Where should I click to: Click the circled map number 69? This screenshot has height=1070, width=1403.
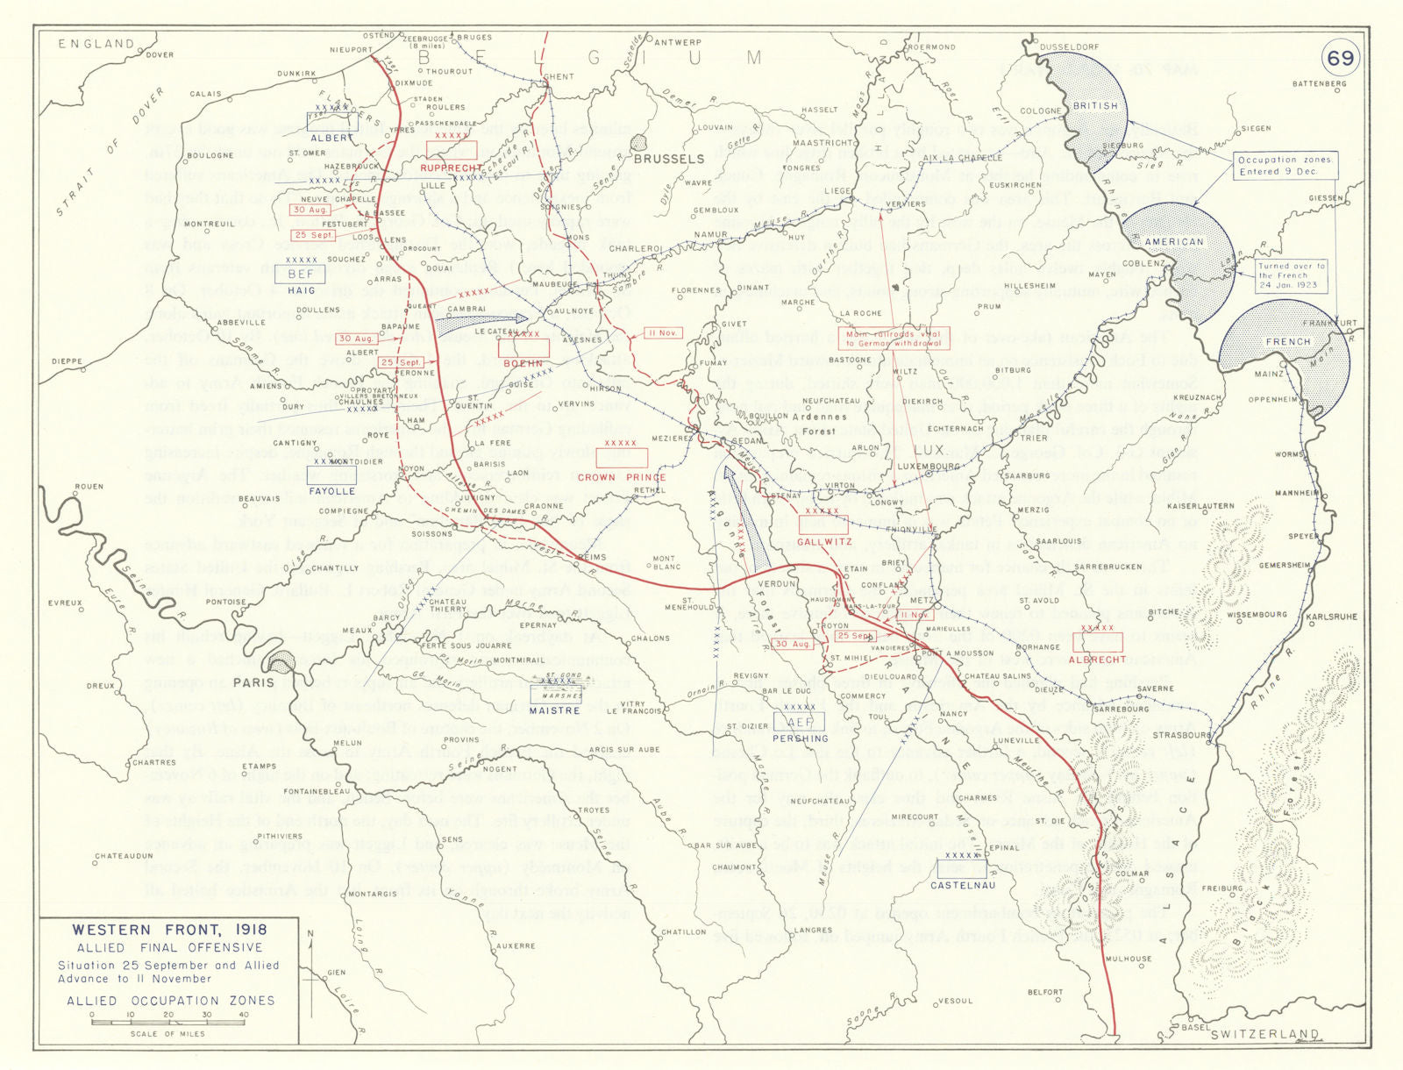coord(1340,59)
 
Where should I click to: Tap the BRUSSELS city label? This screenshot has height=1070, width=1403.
coord(668,159)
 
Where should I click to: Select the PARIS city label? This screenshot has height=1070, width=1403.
coord(253,681)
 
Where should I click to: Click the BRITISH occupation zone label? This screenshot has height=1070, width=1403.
coord(1095,105)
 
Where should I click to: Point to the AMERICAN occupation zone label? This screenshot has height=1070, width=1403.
coord(1174,242)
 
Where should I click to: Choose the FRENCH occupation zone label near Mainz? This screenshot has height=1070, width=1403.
coord(1287,342)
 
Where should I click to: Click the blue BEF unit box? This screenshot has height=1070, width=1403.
coord(301,275)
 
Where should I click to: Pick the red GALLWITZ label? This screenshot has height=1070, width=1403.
coord(824,542)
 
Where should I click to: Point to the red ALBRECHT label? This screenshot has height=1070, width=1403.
coord(1097,659)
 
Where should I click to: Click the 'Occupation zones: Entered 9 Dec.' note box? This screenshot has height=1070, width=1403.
coord(1285,166)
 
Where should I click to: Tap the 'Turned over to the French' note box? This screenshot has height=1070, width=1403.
coord(1291,275)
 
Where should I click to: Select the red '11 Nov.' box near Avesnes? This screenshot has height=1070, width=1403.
coord(662,333)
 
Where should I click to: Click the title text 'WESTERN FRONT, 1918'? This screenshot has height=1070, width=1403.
coord(169,930)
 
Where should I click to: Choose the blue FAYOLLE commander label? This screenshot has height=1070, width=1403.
coord(331,491)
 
